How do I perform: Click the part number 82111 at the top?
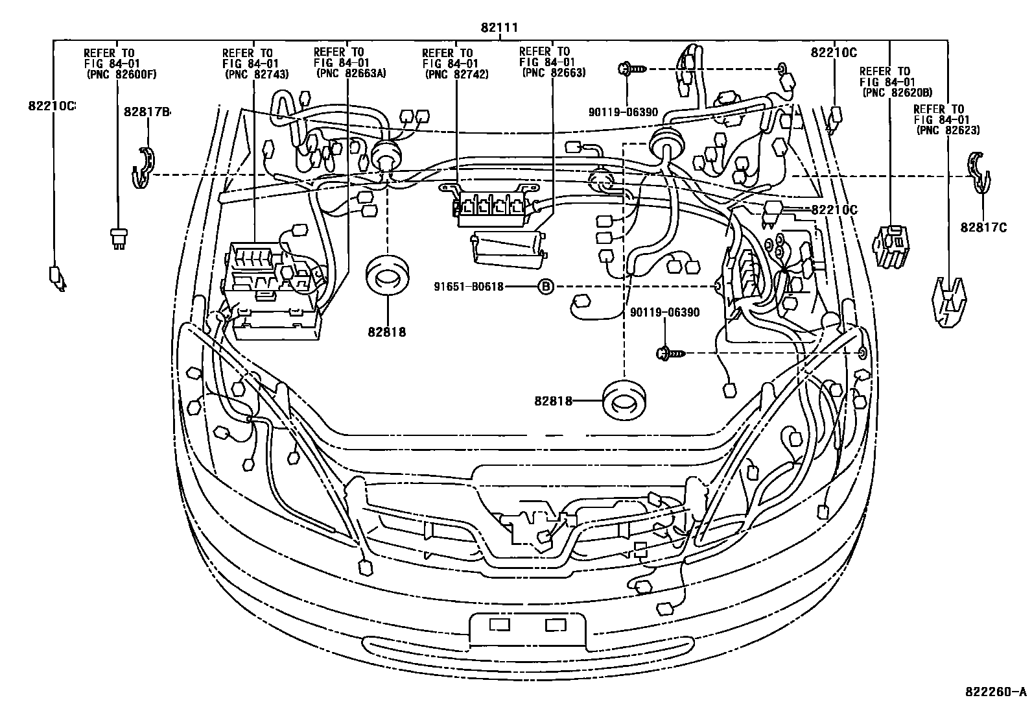[x=498, y=28]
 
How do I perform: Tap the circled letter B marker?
[x=546, y=286]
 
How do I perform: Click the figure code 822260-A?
[x=994, y=691]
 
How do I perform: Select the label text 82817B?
[x=147, y=112]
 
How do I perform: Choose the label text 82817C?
[x=983, y=227]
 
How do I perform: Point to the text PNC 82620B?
[x=897, y=93]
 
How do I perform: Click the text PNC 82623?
[x=948, y=130]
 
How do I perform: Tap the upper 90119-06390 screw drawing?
[x=630, y=67]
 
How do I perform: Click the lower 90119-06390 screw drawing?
[x=669, y=353]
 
